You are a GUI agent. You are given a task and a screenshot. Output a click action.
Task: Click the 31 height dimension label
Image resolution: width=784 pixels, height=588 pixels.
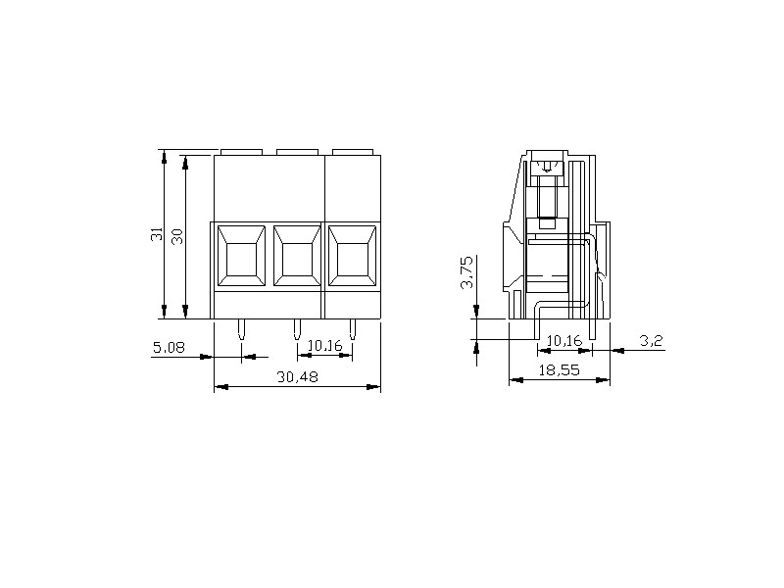(x=157, y=234)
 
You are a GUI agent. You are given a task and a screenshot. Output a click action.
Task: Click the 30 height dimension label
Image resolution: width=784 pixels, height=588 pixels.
(x=177, y=236)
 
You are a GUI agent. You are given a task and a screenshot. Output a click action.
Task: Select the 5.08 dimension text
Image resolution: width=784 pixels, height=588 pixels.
(x=169, y=347)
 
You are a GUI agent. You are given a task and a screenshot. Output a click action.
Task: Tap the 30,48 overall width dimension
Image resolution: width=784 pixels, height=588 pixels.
(x=298, y=376)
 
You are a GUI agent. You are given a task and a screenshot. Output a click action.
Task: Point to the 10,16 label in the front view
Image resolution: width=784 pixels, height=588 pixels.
(x=325, y=346)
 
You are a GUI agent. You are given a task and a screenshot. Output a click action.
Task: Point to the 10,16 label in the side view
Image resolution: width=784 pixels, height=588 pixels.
(x=564, y=341)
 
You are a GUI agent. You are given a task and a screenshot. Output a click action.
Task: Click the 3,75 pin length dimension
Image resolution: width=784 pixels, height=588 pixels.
(x=467, y=272)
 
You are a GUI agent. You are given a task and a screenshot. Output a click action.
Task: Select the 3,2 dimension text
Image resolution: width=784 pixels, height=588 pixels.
(x=651, y=341)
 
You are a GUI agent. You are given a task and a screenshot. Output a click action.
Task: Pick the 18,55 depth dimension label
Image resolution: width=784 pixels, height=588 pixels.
(x=559, y=370)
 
